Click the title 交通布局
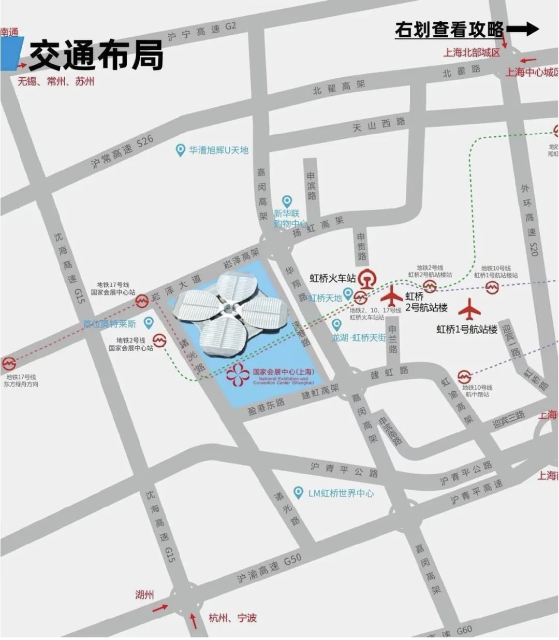(x=96, y=55)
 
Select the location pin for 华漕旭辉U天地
(x=180, y=150)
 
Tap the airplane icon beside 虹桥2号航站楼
(x=392, y=296)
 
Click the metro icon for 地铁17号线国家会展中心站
(x=142, y=301)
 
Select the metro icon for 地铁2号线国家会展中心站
(x=159, y=340)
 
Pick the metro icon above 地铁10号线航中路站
(x=464, y=377)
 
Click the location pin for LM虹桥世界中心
(x=298, y=492)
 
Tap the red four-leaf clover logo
(x=238, y=375)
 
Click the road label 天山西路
(x=379, y=124)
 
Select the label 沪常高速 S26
(x=122, y=151)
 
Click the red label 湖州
(x=144, y=594)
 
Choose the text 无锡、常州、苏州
(x=56, y=81)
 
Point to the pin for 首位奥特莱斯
(x=149, y=323)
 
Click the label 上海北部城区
(x=472, y=52)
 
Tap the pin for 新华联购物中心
(x=287, y=201)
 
